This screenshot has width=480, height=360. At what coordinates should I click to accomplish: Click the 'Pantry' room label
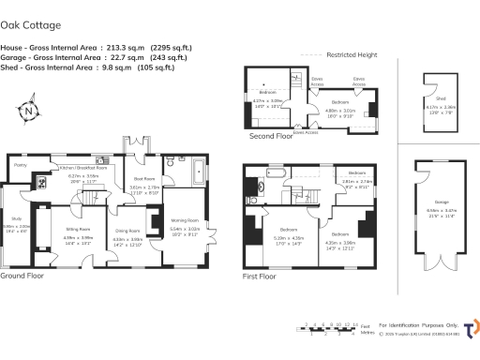tap(20, 165)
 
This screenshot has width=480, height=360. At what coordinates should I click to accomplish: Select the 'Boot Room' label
tap(143, 178)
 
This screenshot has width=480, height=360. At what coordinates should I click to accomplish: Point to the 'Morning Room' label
tap(184, 221)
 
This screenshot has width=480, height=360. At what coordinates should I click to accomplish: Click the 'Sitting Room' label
tap(78, 229)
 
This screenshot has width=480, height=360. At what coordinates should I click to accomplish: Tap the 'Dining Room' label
tap(127, 231)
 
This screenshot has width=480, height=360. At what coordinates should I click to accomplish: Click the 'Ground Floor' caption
tap(22, 277)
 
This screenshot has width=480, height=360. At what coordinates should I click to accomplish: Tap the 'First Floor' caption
tap(261, 277)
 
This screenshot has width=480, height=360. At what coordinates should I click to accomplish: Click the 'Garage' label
tap(441, 203)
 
